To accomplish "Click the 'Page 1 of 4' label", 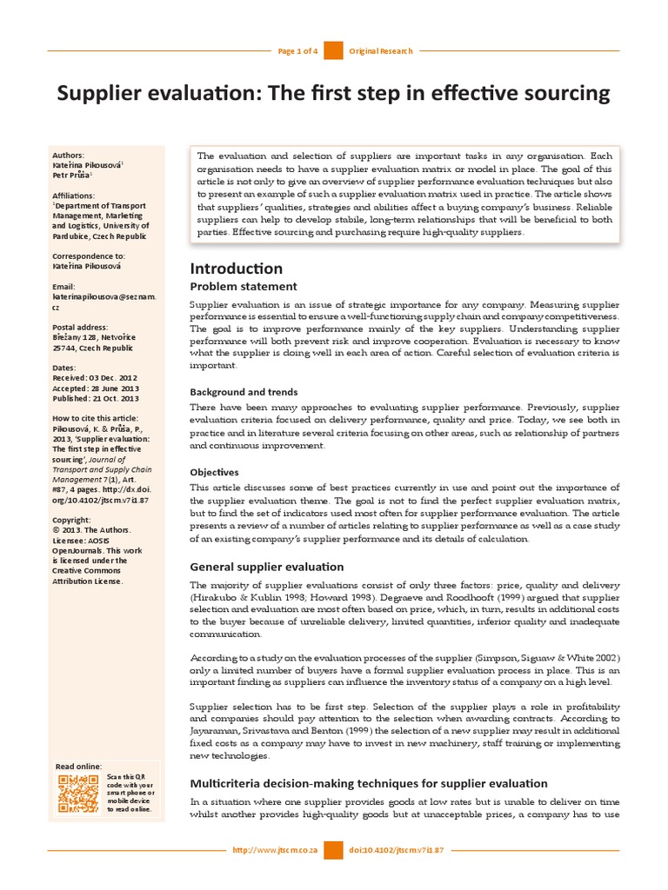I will point(297,51).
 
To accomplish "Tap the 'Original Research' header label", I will point(379,51).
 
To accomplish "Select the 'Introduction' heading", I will point(236,268).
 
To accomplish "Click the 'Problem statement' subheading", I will point(244,286).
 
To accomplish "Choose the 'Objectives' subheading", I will point(214,472).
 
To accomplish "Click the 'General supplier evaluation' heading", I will point(267,567).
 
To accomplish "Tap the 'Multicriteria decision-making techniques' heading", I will point(369,783).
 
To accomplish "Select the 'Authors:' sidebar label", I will point(69,155).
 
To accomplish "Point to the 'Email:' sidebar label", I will point(63,287).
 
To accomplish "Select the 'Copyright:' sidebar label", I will point(71,520).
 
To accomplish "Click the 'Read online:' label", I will point(78,766).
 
